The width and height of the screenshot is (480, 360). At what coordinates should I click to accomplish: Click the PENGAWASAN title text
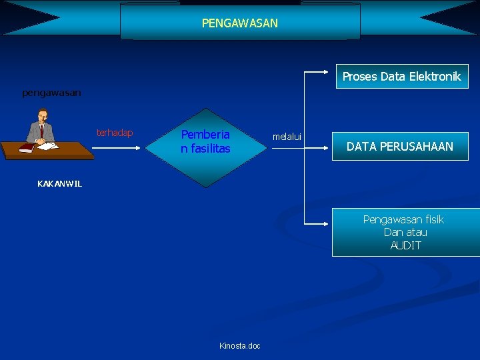[240, 23]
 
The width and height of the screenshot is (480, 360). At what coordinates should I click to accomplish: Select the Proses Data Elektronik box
[401, 77]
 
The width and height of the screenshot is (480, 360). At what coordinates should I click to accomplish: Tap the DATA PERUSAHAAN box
[400, 147]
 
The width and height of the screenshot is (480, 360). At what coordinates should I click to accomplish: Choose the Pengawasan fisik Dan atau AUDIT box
[405, 232]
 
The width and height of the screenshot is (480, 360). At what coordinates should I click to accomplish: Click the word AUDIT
[405, 245]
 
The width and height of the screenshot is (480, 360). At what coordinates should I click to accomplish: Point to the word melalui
[287, 137]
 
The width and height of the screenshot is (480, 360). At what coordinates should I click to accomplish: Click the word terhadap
[115, 133]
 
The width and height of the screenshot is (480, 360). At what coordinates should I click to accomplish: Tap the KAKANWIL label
[60, 184]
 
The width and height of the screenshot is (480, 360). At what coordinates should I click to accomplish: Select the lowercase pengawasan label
[51, 93]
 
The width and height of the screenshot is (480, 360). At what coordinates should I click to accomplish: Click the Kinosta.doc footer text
[240, 345]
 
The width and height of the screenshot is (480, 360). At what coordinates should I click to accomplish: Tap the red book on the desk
[27, 148]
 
